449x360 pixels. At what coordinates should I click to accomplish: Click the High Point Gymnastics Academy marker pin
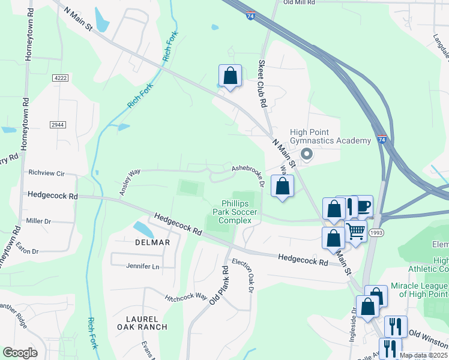307,155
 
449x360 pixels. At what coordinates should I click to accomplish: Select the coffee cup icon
363,206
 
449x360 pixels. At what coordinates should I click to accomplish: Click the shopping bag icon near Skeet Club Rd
230,76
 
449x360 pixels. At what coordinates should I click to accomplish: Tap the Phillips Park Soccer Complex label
239,212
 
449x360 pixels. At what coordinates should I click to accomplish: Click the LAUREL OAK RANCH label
142,323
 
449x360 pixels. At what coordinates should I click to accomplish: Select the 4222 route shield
60,78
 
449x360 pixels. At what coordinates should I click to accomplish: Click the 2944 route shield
58,124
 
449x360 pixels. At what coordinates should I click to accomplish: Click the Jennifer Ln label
143,266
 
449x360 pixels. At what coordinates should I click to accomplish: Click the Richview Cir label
46,172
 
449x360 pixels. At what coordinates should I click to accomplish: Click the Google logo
20,353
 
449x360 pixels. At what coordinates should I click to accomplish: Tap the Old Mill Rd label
299,3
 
